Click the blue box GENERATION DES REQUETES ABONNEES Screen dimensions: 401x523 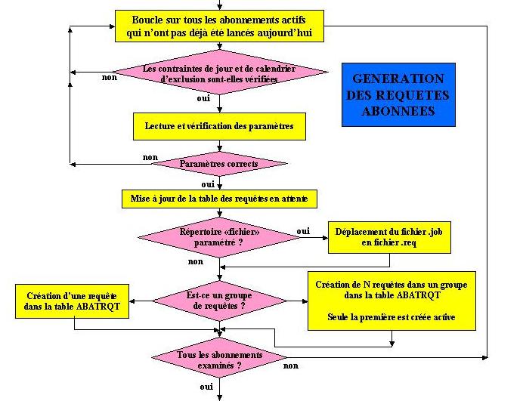pyautogui.click(x=398, y=94)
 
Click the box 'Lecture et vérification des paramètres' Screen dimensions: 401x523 pyautogui.click(x=219, y=126)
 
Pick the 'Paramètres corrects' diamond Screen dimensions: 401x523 pyautogui.click(x=219, y=164)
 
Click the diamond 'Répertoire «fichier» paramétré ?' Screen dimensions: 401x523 pyautogui.click(x=219, y=237)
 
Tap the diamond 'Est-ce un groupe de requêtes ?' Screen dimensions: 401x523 pyautogui.click(x=219, y=301)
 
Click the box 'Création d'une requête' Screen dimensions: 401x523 pyautogui.click(x=71, y=301)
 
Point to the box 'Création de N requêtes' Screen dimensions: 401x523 pyautogui.click(x=391, y=301)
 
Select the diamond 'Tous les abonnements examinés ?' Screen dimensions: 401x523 pyautogui.click(x=219, y=359)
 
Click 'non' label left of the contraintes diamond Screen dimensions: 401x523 pyautogui.click(x=109, y=76)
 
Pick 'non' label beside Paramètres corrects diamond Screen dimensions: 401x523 pyautogui.click(x=150, y=157)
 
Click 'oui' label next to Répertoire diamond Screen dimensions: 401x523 pyautogui.click(x=303, y=230)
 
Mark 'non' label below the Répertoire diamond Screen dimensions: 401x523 pyautogui.click(x=195, y=261)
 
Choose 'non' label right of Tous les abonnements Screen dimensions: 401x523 pyautogui.click(x=290, y=366)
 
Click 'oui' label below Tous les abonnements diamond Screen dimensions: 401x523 pyautogui.click(x=206, y=386)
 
